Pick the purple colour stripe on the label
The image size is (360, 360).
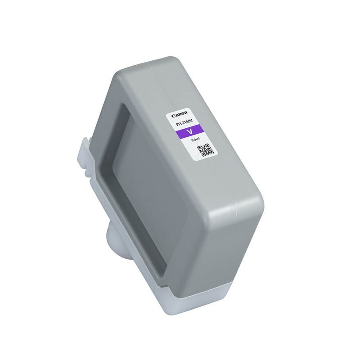pos(191,132)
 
